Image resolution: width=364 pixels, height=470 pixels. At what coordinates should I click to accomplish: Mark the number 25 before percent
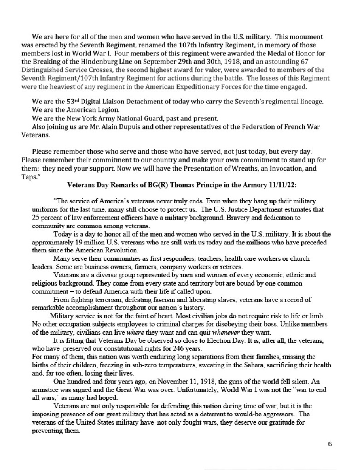point(35,216)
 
